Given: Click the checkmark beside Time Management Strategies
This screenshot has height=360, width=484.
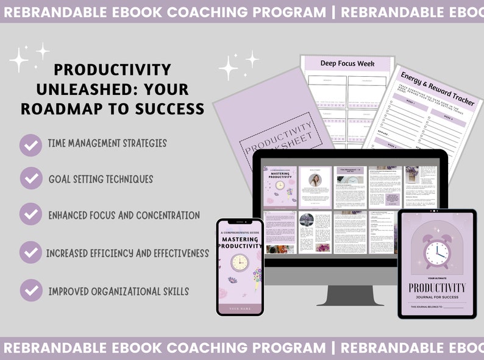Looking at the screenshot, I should (x=30, y=145).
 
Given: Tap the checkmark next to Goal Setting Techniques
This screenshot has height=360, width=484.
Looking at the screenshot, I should (x=30, y=179).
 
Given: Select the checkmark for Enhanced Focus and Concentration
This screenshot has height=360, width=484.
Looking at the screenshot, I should (x=30, y=215).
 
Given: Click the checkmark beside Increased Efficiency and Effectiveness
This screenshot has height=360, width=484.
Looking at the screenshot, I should (x=30, y=252).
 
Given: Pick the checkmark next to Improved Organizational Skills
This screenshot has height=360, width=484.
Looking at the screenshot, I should (x=30, y=291).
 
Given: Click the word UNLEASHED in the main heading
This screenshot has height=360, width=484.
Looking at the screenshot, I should (x=80, y=90).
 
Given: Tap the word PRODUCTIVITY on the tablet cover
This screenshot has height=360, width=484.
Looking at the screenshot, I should (x=437, y=287).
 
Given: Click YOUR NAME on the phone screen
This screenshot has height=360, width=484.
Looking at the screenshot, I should (x=240, y=309).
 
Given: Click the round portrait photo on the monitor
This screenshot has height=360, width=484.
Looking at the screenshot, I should (x=315, y=180).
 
